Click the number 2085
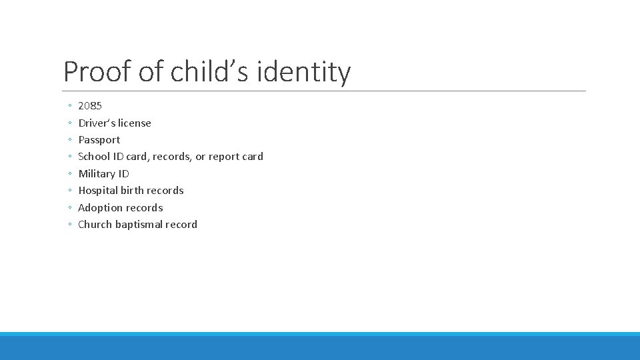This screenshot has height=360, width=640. tap(90, 106)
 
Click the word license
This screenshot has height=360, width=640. tap(134, 123)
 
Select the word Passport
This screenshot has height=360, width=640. tap(99, 140)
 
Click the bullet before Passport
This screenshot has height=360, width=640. tap(70, 140)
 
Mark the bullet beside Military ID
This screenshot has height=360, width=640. tap(70, 174)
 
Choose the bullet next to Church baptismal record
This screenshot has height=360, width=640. tap(70, 225)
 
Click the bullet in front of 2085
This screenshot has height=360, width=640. tap(70, 106)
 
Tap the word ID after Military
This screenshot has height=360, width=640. tap(123, 174)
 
